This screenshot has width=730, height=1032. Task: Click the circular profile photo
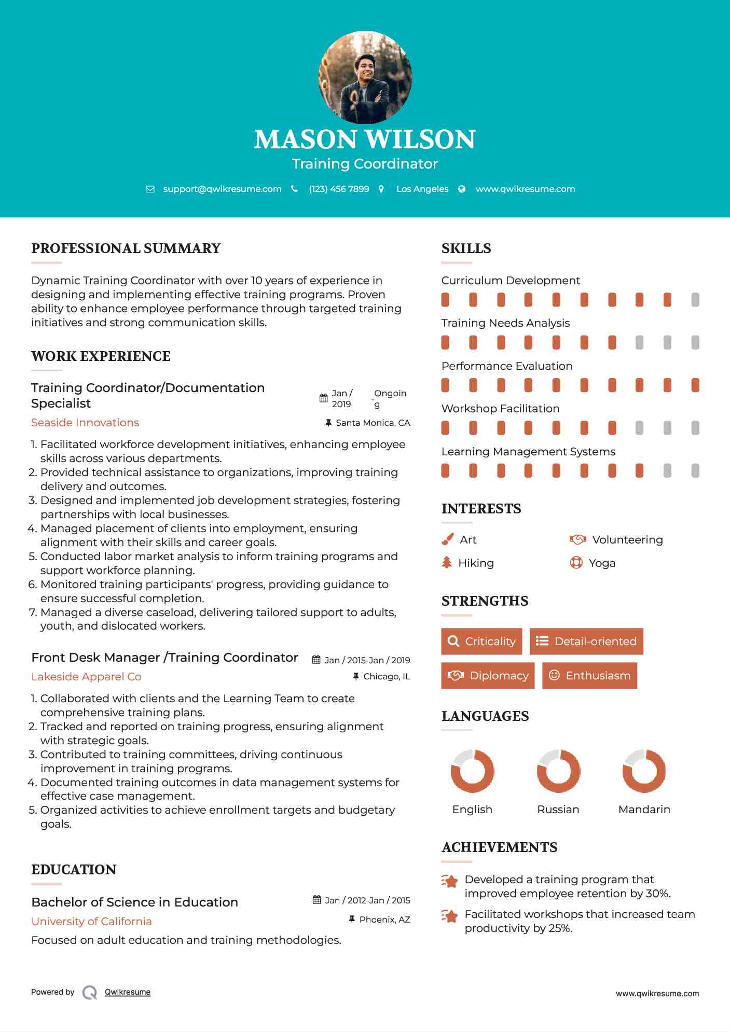click(x=365, y=78)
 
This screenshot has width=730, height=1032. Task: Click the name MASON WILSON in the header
click(x=365, y=139)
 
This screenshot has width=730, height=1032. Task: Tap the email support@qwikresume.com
click(x=222, y=189)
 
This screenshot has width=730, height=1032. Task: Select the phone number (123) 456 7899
click(x=339, y=189)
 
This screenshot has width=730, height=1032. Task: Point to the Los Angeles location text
click(x=422, y=189)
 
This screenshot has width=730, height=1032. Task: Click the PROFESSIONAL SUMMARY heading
click(x=126, y=248)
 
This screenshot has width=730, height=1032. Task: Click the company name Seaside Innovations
click(x=85, y=423)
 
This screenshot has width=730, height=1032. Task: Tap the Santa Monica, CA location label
click(x=373, y=423)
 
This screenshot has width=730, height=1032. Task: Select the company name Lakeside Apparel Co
click(x=86, y=677)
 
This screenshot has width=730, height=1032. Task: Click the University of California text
click(x=91, y=922)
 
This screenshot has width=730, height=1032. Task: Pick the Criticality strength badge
click(x=481, y=641)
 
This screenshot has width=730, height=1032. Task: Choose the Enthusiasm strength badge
click(x=589, y=676)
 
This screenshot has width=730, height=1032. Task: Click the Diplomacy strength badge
click(x=488, y=676)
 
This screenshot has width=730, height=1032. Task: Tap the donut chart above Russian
click(x=558, y=771)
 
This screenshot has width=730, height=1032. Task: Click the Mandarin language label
click(x=644, y=810)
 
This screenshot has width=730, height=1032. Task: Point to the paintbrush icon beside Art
click(x=447, y=540)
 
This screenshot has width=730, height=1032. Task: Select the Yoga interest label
click(x=602, y=563)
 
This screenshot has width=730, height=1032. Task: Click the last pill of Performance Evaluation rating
click(x=695, y=385)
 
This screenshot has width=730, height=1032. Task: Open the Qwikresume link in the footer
click(x=128, y=992)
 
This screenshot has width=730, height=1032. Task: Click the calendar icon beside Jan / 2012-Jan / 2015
click(x=316, y=900)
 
